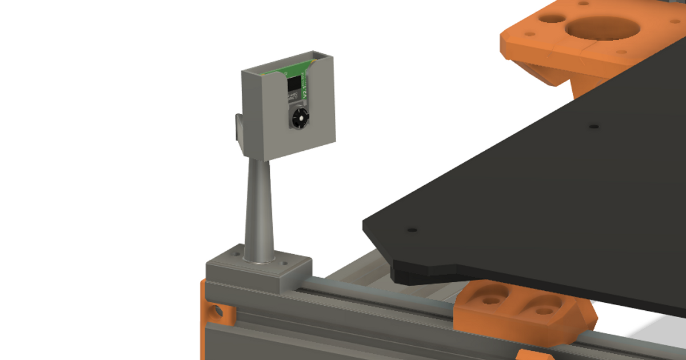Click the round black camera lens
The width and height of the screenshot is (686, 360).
tap(298, 118)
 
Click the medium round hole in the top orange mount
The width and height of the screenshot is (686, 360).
tap(550, 18)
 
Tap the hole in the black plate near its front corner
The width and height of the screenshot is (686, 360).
tap(412, 230)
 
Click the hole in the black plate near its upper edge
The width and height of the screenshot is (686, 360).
tap(593, 125)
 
